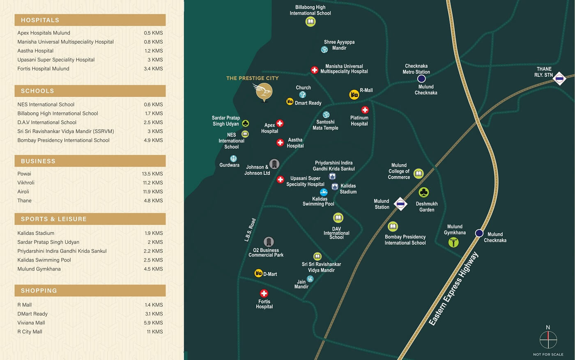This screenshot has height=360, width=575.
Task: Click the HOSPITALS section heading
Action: [40, 20]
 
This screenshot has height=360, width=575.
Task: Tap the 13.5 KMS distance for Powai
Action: [152, 174]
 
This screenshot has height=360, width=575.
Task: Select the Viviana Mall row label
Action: [31, 323]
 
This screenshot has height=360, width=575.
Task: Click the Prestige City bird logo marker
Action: [264, 92]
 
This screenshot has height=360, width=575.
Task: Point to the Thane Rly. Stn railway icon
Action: [559, 78]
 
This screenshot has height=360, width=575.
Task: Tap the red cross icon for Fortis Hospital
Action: [264, 294]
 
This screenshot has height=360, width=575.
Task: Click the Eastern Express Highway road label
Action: [453, 289]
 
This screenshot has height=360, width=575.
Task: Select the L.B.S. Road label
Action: [250, 230]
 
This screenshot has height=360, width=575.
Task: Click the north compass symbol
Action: [548, 339]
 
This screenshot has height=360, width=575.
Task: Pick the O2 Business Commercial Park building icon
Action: [269, 241]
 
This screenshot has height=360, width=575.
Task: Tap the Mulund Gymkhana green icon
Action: [453, 242]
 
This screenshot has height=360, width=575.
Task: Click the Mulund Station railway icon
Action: [400, 204]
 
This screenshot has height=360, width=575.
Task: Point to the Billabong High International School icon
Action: [310, 22]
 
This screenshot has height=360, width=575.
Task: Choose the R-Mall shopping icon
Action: [354, 94]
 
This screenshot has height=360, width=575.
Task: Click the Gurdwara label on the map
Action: [229, 165]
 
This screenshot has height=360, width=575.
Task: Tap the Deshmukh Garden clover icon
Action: [423, 192]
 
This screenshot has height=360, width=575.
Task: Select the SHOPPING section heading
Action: [39, 291]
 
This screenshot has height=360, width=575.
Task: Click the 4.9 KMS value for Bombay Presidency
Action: [153, 140]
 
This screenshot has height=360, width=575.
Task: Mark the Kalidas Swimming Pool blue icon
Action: [324, 192]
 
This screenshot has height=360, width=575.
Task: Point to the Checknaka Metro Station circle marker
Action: [421, 79]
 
